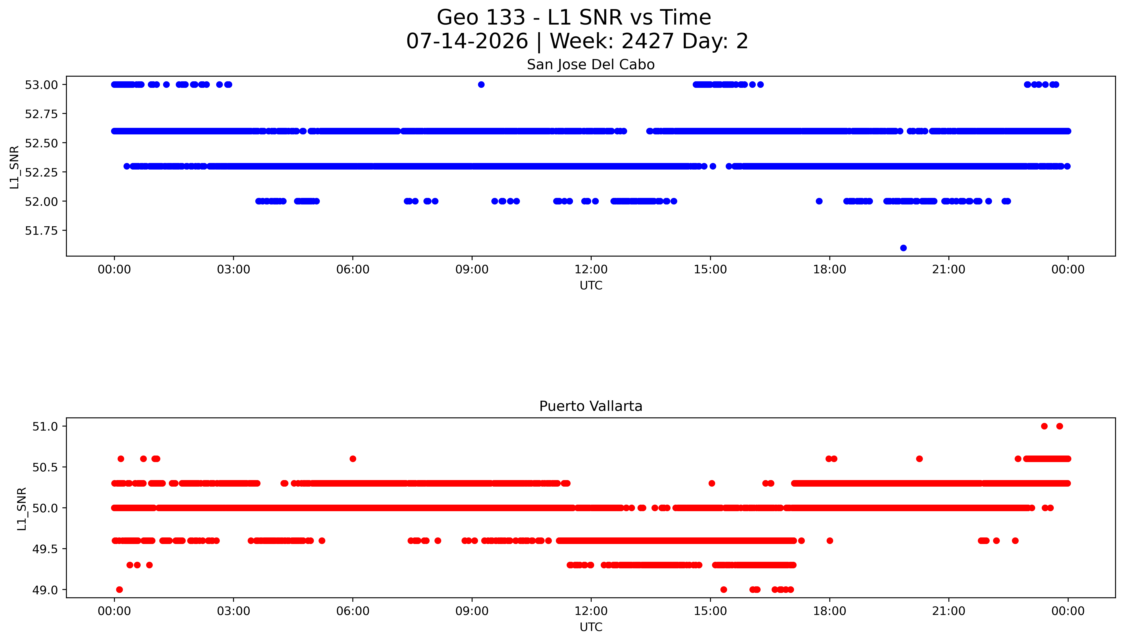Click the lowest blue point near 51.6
click(903, 248)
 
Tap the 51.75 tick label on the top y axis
click(41, 231)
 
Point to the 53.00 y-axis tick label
click(41, 85)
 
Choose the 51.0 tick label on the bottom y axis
click(45, 426)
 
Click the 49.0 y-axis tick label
click(45, 590)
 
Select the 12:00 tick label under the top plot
click(591, 269)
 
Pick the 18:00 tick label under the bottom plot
click(830, 611)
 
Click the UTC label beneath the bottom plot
click(591, 627)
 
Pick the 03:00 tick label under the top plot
click(234, 269)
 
